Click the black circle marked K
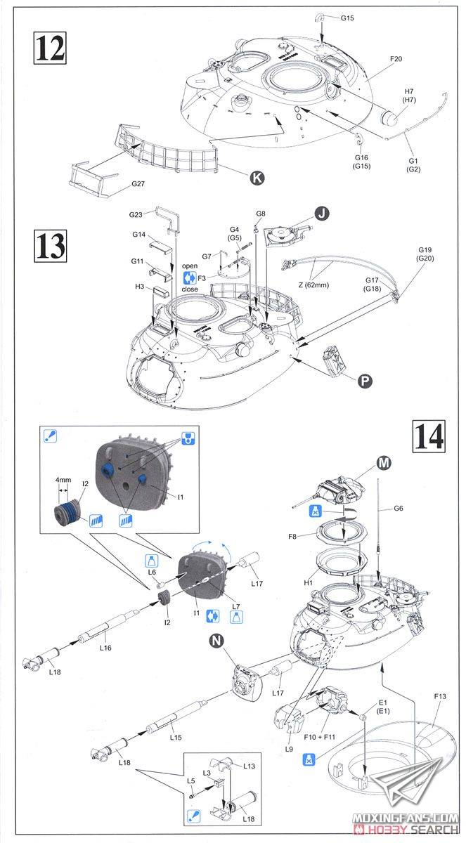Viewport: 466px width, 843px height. [257, 178]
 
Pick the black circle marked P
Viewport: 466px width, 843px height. [364, 381]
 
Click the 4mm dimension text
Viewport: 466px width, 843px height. [63, 481]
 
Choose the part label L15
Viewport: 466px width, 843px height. [176, 737]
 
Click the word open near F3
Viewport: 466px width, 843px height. [190, 266]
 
